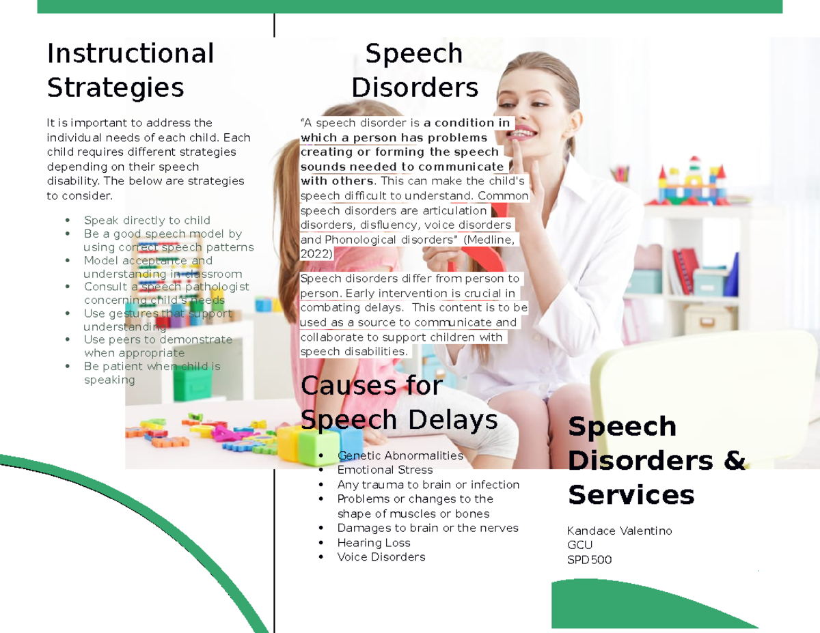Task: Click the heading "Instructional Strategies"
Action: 130,70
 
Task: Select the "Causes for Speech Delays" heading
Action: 398,402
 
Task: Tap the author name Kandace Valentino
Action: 619,531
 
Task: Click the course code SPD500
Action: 589,560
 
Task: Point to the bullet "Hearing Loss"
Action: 373,543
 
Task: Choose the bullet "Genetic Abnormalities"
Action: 400,455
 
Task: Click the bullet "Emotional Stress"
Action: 385,470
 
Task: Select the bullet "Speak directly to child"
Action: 146,221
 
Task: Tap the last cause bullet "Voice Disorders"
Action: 381,557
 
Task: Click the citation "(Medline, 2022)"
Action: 410,247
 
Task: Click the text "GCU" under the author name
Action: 579,545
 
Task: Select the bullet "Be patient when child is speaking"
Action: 151,373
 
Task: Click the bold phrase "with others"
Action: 338,181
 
